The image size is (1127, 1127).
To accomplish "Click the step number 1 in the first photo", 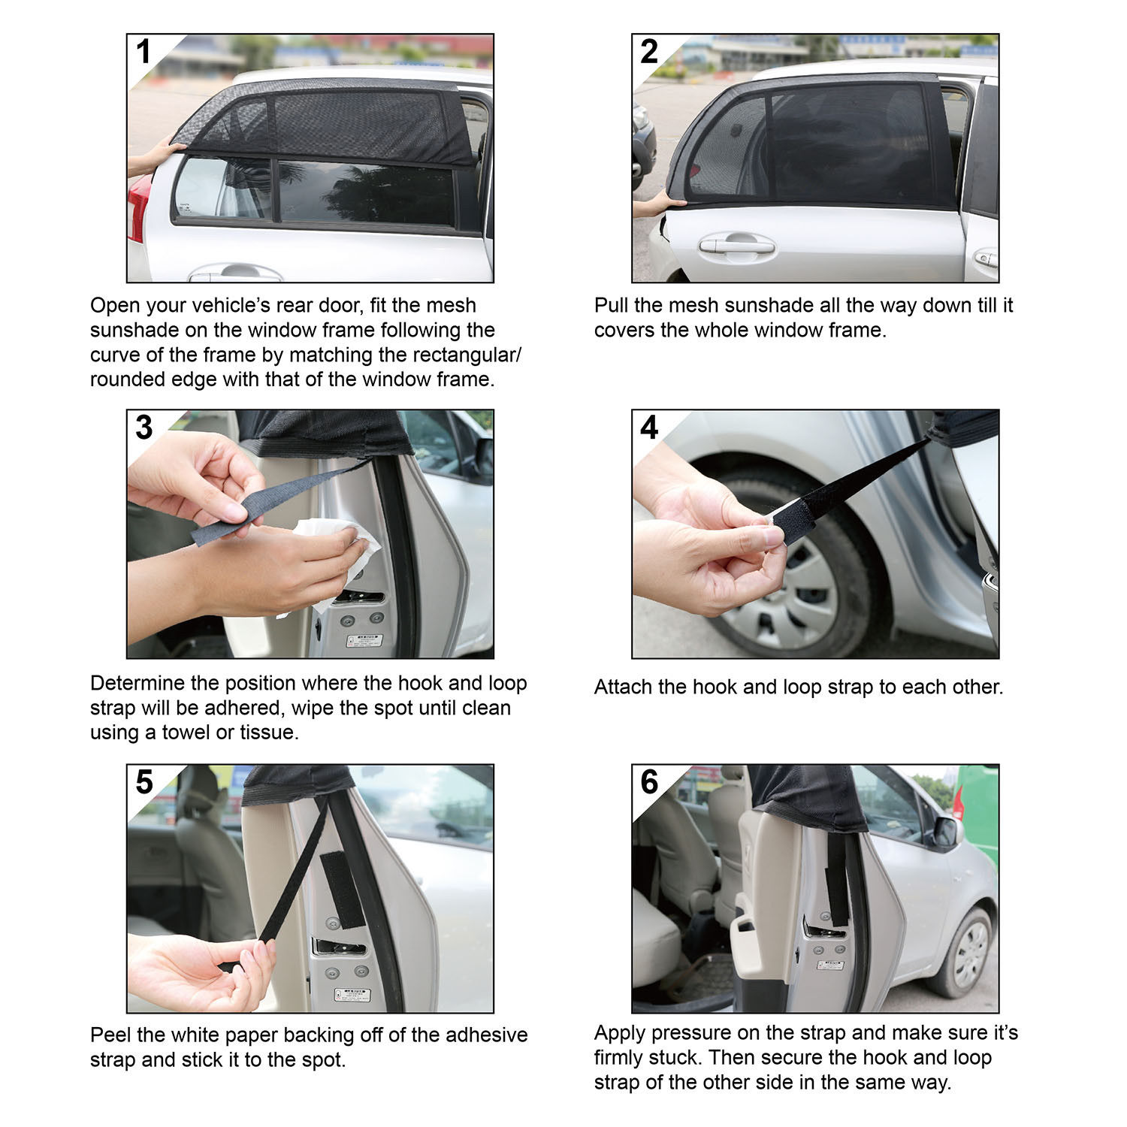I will pyautogui.click(x=144, y=52).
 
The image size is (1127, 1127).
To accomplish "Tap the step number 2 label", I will pyautogui.click(x=648, y=52).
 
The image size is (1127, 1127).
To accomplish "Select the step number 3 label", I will pyautogui.click(x=144, y=428).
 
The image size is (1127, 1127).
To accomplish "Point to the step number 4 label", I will pyautogui.click(x=648, y=428).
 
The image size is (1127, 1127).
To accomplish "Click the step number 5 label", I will pyautogui.click(x=144, y=782).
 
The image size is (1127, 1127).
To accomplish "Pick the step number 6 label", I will pyautogui.click(x=648, y=782).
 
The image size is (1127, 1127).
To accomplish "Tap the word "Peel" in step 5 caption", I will pyautogui.click(x=110, y=1035).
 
